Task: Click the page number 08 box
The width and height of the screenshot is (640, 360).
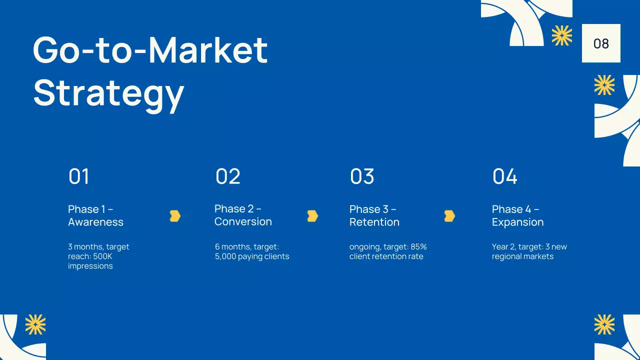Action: pos(601,43)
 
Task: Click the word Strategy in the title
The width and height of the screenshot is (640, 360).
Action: pos(108,93)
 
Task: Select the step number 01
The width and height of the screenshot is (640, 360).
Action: pos(78,176)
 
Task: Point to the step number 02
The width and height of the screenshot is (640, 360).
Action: pos(227,176)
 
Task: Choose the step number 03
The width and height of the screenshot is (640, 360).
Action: pos(362,176)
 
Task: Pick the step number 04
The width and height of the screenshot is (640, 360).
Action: pos(504,176)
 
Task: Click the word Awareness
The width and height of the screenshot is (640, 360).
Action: pos(95,222)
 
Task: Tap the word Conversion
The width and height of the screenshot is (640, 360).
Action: pos(243,221)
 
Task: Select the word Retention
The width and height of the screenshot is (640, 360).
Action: pos(374,222)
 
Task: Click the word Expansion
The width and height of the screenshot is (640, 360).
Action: pos(517,222)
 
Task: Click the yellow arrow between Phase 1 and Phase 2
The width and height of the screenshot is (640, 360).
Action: pos(174,216)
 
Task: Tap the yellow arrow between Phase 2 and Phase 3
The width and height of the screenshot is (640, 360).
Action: pos(312,216)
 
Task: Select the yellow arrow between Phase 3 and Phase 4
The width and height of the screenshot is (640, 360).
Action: pos(449,216)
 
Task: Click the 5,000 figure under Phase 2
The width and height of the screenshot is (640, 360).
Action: pos(225,256)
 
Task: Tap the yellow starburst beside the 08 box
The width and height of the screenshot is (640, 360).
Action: pos(561,35)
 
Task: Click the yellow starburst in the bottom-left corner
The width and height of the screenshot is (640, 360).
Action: pos(35,324)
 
